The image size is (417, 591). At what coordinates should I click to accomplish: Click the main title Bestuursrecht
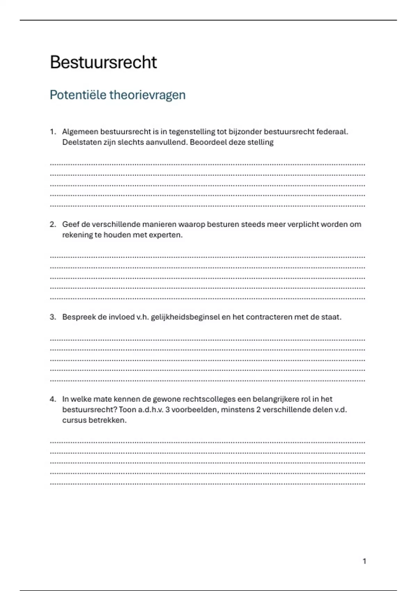click(103, 63)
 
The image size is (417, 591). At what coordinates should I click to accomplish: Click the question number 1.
click(52, 132)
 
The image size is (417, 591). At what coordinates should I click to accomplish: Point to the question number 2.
click(52, 224)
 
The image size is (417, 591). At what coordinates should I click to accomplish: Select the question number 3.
click(52, 317)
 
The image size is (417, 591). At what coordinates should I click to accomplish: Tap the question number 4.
click(52, 399)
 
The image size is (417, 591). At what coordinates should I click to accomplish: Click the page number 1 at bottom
click(365, 561)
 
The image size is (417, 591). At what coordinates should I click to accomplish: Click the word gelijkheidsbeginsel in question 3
click(185, 317)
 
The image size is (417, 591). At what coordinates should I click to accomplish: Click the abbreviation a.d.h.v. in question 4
click(150, 410)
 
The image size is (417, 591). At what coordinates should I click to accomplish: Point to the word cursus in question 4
click(74, 420)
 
